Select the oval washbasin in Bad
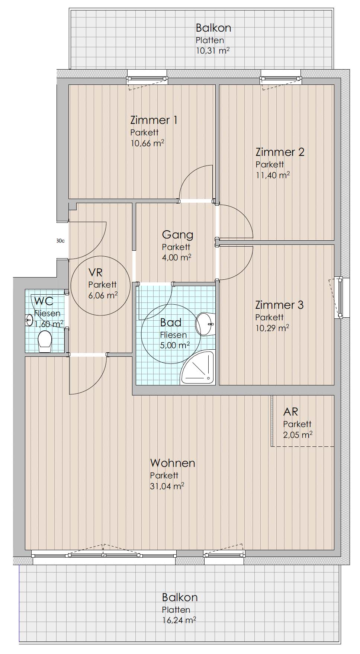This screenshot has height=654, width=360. pyautogui.click(x=205, y=324)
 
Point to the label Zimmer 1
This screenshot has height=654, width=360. pyautogui.click(x=154, y=120)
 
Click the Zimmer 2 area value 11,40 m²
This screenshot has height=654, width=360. pyautogui.click(x=273, y=175)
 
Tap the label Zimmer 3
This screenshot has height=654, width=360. pyautogui.click(x=279, y=305)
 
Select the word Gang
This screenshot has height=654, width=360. pyautogui.click(x=177, y=235)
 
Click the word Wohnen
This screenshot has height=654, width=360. pyautogui.click(x=173, y=463)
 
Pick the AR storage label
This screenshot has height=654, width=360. pyautogui.click(x=290, y=412)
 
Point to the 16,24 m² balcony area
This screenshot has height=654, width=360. pyautogui.click(x=179, y=620)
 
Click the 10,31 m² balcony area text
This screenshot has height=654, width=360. pyautogui.click(x=212, y=51)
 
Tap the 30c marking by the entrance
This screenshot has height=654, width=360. pyautogui.click(x=60, y=241)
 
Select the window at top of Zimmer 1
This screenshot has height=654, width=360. pyautogui.click(x=147, y=78)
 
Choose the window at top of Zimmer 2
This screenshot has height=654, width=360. pyautogui.click(x=281, y=78)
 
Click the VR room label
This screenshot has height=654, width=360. pyautogui.click(x=95, y=273)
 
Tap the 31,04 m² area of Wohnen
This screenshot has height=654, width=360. pyautogui.click(x=167, y=486)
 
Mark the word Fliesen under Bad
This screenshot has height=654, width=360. pyautogui.click(x=173, y=335)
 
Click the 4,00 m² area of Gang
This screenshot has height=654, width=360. pyautogui.click(x=177, y=257)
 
